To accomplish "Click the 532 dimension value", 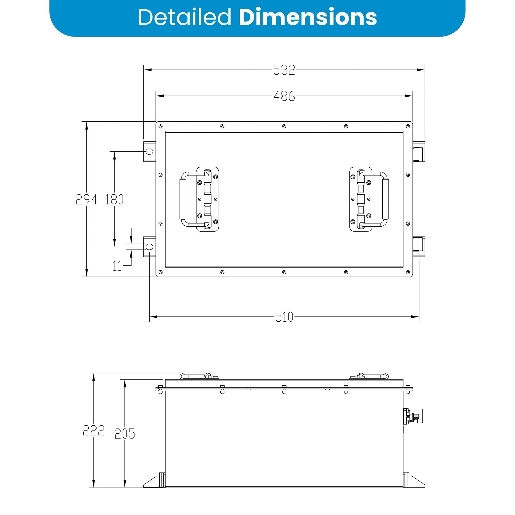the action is click(x=284, y=70).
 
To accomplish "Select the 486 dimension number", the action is click(x=284, y=96).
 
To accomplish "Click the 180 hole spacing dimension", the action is click(x=114, y=199).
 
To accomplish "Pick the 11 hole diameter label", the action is click(x=117, y=266).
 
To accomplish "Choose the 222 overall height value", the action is click(x=93, y=430).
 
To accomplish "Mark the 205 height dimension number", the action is click(x=125, y=433).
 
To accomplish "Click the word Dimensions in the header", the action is click(x=308, y=17).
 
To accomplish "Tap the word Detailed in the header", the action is click(x=184, y=17).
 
